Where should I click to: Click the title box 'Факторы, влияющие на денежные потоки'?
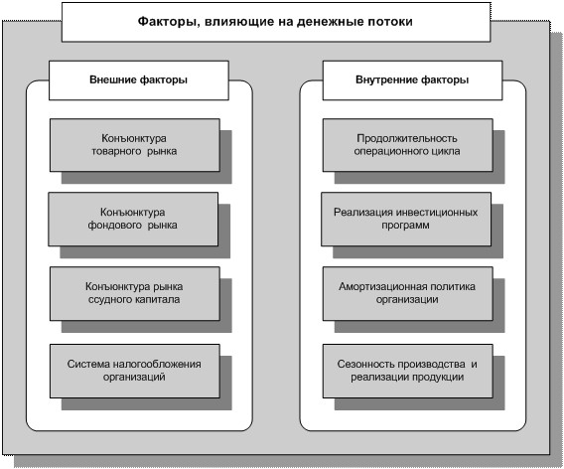click(276, 22)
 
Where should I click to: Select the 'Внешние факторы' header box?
click(138, 80)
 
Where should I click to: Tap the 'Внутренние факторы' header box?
click(412, 80)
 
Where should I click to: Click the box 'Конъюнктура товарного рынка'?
click(134, 145)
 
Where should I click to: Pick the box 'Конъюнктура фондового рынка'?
click(133, 220)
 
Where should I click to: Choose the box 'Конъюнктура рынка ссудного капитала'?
click(134, 294)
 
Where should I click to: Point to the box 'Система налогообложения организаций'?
click(134, 371)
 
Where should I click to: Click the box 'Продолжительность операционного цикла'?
click(407, 145)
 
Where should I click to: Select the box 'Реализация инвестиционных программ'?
click(406, 220)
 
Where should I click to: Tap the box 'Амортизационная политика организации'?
click(407, 294)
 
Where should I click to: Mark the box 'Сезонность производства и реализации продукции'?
click(407, 371)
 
